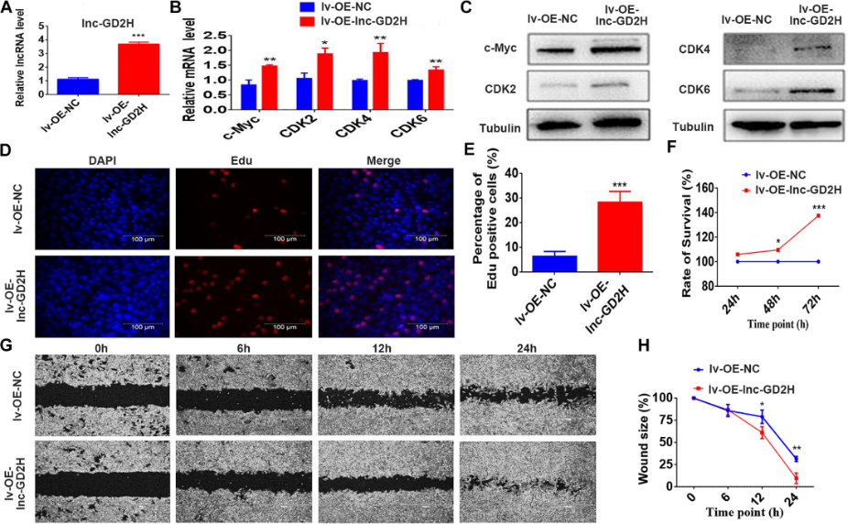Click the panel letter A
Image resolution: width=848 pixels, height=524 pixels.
[x=6, y=9]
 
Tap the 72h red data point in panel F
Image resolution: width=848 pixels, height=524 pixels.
[x=818, y=215]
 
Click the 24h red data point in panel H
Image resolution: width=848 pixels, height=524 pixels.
[x=797, y=477]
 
